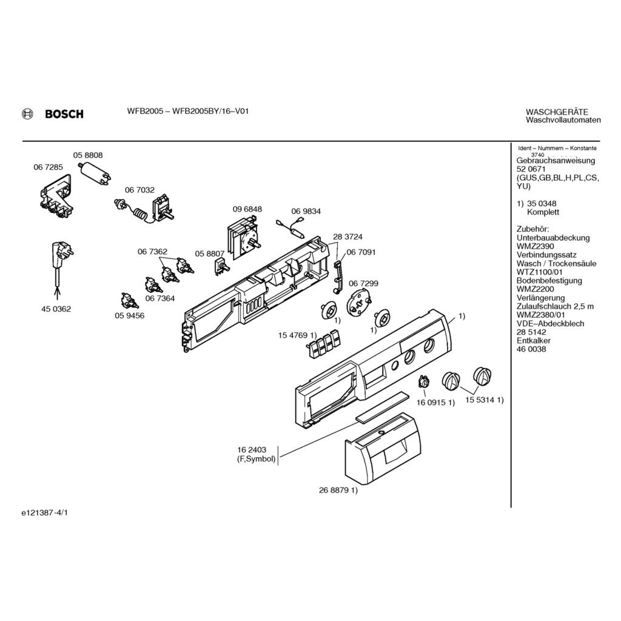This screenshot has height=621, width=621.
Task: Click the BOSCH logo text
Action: click(64, 114)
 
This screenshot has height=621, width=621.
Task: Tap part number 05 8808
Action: click(88, 155)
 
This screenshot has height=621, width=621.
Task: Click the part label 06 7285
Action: click(48, 167)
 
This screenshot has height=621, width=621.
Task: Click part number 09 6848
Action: click(247, 209)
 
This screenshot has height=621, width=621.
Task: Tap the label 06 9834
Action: click(306, 212)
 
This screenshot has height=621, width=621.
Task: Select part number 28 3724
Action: click(347, 237)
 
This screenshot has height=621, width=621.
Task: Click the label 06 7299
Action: click(363, 283)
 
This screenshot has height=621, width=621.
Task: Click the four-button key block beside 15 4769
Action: click(322, 343)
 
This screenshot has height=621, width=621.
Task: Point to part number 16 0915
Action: click(431, 402)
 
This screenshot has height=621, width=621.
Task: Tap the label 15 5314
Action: click(480, 400)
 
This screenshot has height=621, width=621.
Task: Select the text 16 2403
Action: click(252, 450)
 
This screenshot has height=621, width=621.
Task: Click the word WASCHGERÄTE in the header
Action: click(556, 112)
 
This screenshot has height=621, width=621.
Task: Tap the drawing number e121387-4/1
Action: click(45, 512)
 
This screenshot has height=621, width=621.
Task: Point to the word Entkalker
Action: click(533, 341)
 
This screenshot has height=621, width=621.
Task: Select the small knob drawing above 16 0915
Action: click(424, 381)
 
